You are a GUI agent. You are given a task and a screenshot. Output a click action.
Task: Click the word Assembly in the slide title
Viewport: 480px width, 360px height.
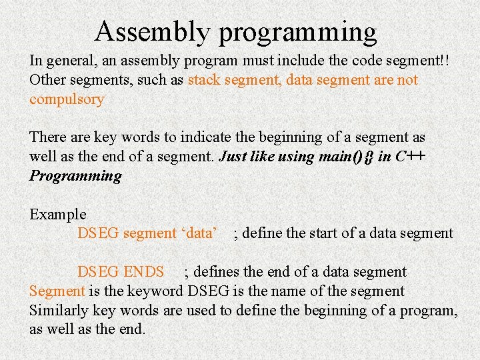[x=152, y=32]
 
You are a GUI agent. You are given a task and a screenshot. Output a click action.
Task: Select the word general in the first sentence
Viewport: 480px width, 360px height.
[x=71, y=61]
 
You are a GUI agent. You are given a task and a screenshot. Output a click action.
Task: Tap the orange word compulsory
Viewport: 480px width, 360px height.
[x=67, y=100]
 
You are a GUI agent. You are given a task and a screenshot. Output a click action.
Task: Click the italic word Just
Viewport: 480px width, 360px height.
[x=233, y=157]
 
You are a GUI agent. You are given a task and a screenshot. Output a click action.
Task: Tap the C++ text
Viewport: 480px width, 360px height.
[x=411, y=157]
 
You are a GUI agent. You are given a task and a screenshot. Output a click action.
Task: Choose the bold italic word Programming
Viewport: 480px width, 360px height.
[x=75, y=176]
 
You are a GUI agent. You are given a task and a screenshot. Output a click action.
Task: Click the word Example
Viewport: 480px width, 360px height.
[x=58, y=215]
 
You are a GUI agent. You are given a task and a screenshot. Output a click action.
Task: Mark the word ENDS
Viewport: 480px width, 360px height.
[x=143, y=272]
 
